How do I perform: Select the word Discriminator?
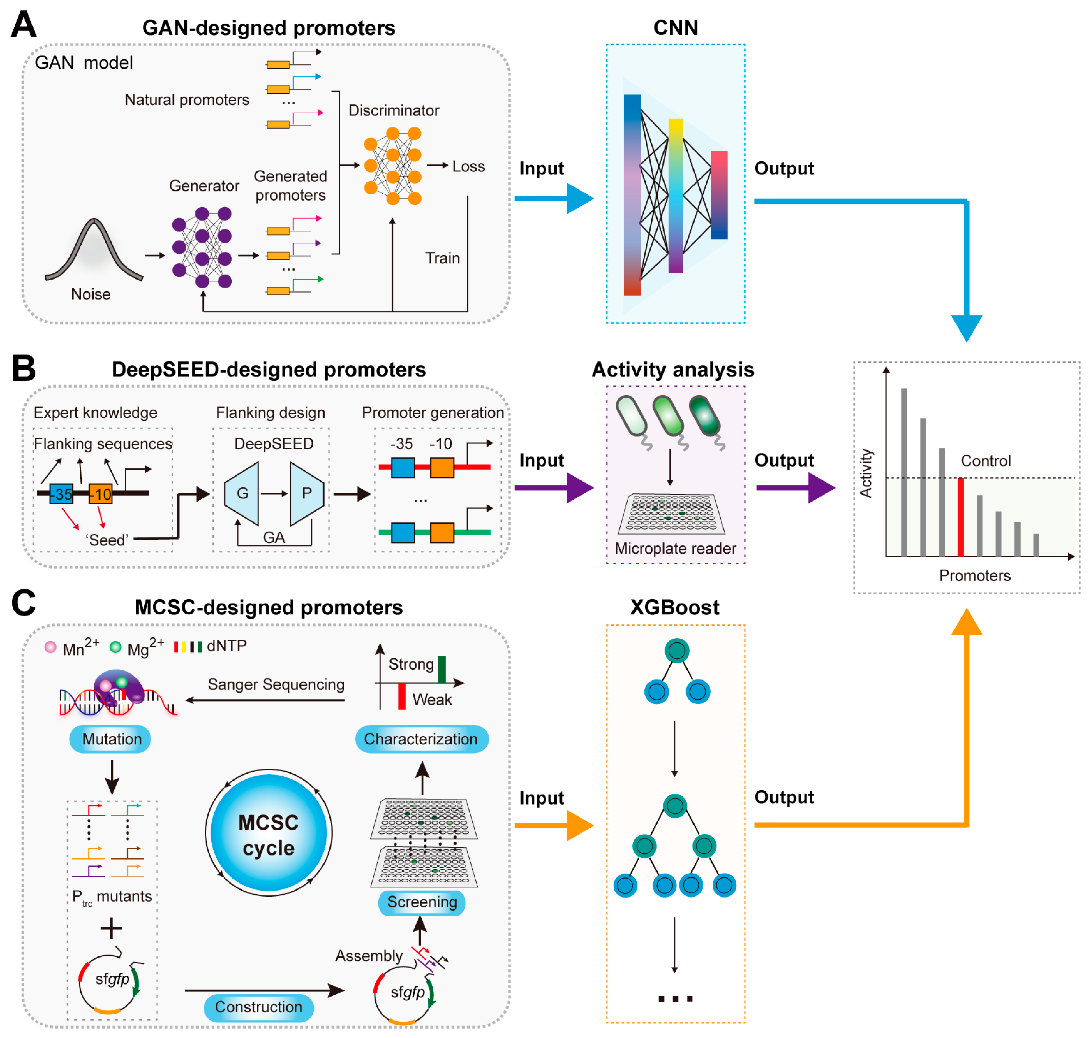pyautogui.click(x=394, y=111)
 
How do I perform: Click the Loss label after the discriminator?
pyautogui.click(x=468, y=166)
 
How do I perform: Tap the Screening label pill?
pyautogui.click(x=422, y=902)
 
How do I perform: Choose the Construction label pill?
pyautogui.click(x=259, y=1007)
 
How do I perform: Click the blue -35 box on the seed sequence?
pyautogui.click(x=61, y=494)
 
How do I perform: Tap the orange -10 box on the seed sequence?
pyautogui.click(x=101, y=494)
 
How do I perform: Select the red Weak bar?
pyautogui.click(x=402, y=696)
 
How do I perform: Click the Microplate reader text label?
pyautogui.click(x=675, y=548)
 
